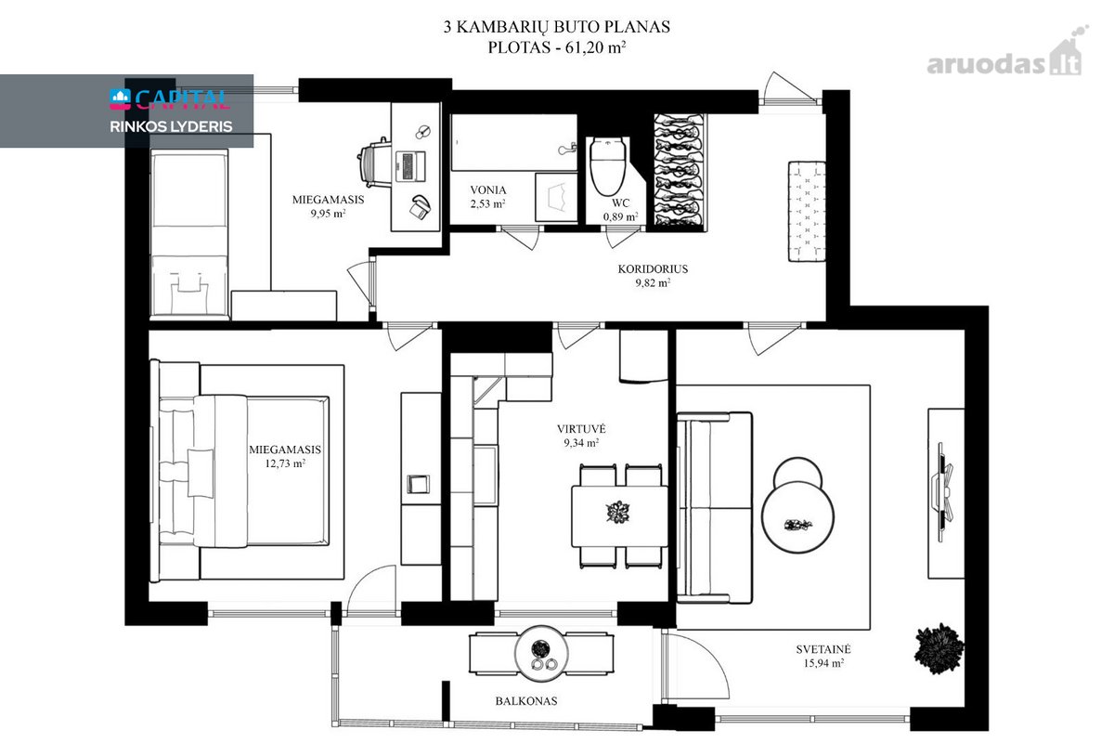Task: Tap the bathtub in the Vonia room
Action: [513, 142]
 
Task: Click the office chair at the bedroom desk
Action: [374, 163]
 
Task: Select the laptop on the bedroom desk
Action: [409, 165]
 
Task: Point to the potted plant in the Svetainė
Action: [939, 648]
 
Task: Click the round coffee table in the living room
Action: [797, 517]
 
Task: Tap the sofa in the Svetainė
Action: [715, 508]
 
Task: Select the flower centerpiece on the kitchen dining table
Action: [618, 513]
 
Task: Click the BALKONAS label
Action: [525, 701]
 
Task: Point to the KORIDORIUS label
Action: [653, 269]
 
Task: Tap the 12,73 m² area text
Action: [284, 463]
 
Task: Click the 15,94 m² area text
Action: [823, 663]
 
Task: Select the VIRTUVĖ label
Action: [581, 428]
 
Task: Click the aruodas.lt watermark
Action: [1005, 58]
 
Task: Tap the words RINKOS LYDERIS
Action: [171, 126]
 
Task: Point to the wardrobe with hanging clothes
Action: [680, 172]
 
